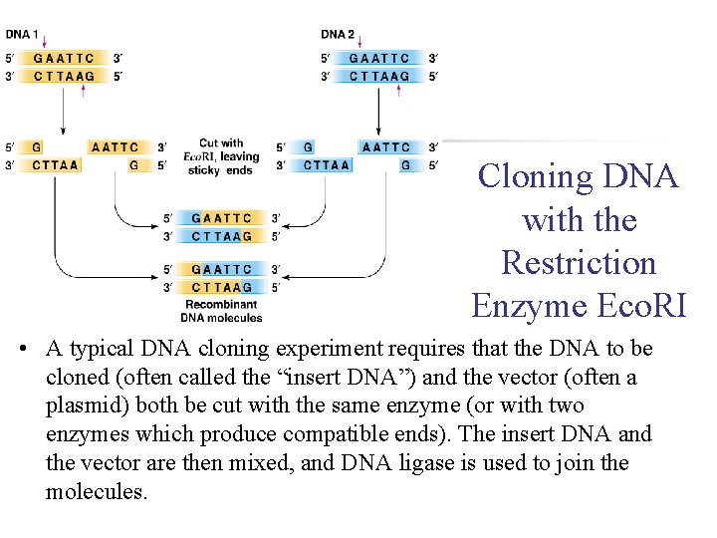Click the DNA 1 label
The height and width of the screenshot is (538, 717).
[22, 34]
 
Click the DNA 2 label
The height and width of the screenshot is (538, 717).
[338, 34]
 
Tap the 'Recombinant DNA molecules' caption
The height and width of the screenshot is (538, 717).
[221, 311]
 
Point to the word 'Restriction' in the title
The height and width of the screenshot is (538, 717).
[579, 263]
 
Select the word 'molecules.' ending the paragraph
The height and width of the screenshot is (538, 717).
[97, 491]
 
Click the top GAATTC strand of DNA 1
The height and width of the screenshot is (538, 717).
[64, 58]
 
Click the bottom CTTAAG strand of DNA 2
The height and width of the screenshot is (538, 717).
[379, 76]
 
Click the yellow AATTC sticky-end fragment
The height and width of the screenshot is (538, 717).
[115, 147]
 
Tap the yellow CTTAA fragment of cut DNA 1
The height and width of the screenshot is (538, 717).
[56, 165]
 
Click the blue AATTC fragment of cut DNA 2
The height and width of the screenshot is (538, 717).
[386, 147]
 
